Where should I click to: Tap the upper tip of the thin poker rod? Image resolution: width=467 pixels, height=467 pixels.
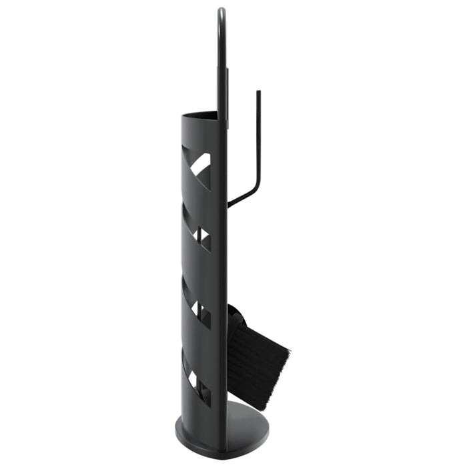[258, 93]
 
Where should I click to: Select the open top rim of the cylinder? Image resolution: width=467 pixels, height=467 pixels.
[200, 115]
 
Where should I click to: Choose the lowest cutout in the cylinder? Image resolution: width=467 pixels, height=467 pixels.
[197, 380]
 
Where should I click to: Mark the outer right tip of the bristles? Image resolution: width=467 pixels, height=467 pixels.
[288, 348]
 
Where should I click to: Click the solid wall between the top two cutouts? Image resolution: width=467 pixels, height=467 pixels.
[197, 200]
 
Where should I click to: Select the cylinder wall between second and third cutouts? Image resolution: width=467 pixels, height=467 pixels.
[197, 270]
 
